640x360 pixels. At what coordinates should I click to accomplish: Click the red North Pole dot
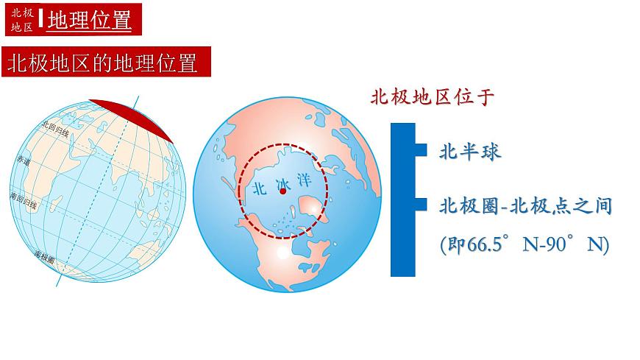pyautogui.click(x=281, y=191)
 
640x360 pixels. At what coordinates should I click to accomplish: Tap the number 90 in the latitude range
pyautogui.click(x=563, y=245)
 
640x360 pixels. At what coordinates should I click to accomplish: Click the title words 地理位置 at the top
pyautogui.click(x=90, y=21)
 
